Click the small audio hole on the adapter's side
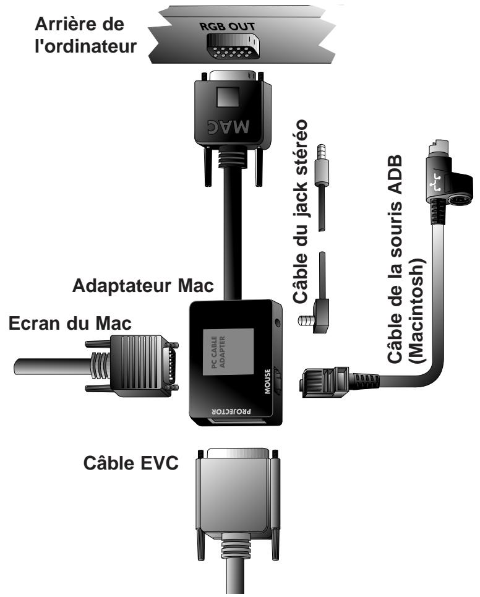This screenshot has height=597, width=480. coord(279,322)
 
